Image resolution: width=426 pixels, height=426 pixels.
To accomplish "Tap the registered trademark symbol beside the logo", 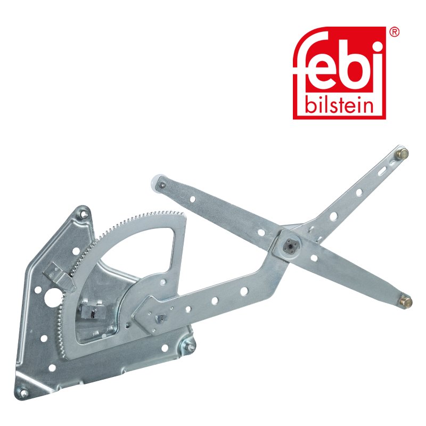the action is point(395,32).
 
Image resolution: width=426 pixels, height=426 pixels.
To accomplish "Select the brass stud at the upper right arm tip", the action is point(403,154).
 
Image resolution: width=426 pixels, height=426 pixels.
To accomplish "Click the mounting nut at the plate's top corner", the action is point(84,214).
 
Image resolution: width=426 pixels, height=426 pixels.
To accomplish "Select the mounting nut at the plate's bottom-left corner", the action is point(23,393).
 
